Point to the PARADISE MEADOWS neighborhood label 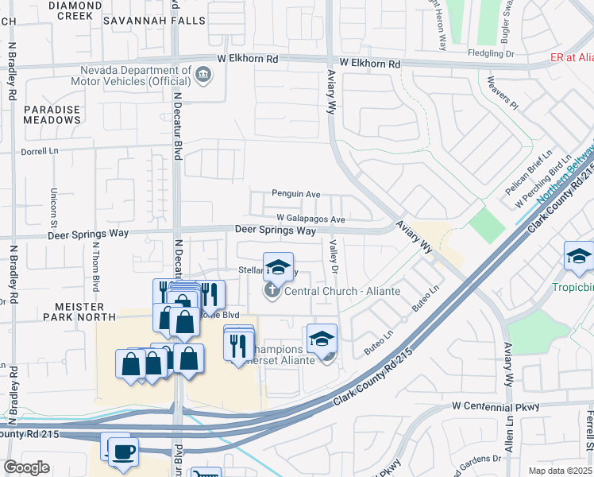click(52, 114)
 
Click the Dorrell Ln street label click(40, 150)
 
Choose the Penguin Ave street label click(295, 193)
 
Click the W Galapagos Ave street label click(310, 219)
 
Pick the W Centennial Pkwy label click(496, 406)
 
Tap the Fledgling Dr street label click(511, 54)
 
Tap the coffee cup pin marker click(122, 452)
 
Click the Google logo click(26, 467)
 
